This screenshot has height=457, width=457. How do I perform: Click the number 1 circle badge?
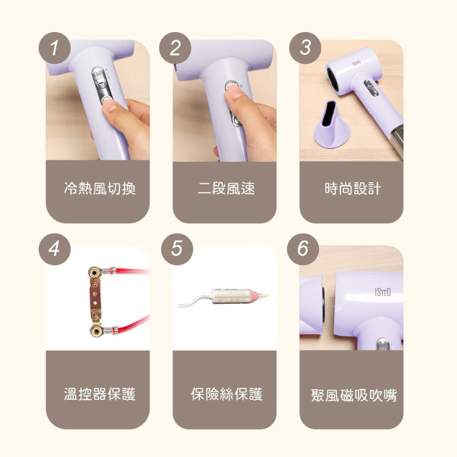coord(55,47)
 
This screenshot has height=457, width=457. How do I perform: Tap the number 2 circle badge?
coord(175,47)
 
